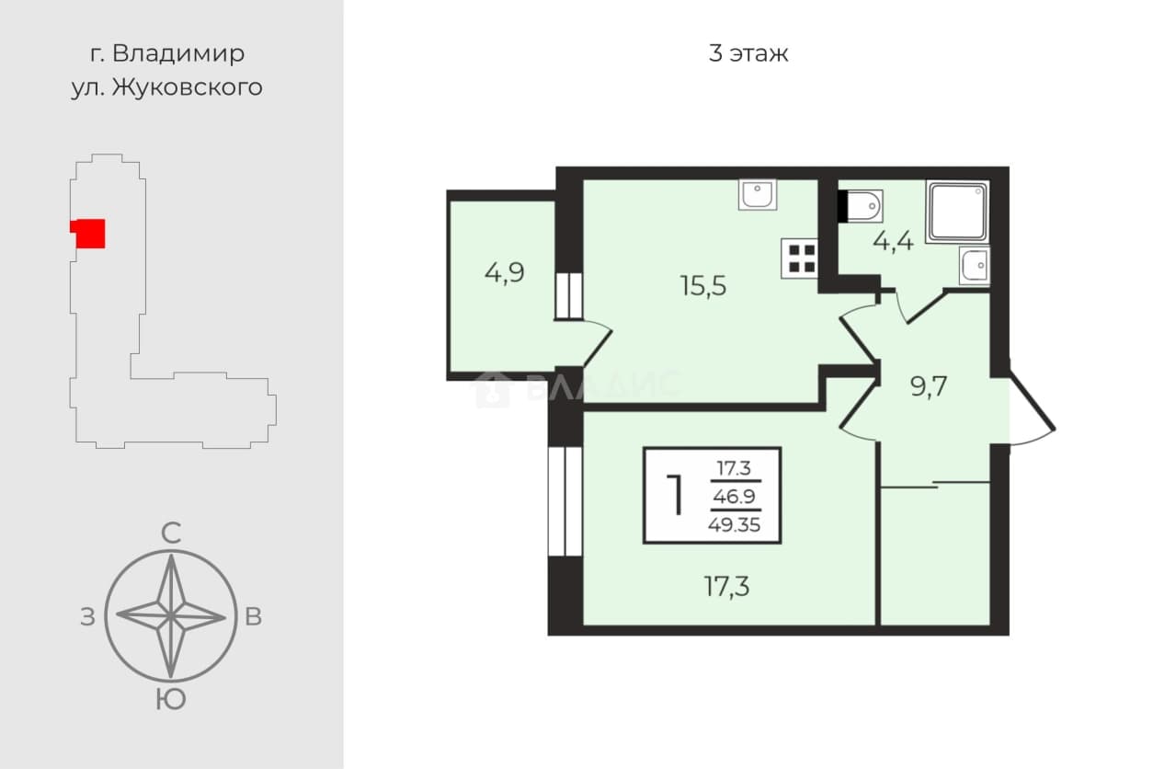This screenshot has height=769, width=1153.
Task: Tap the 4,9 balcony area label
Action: tap(505, 272)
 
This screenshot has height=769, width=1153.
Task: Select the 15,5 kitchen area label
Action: tap(703, 285)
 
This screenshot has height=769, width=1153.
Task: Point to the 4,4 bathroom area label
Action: tap(893, 241)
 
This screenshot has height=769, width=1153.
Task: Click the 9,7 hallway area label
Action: tap(929, 386)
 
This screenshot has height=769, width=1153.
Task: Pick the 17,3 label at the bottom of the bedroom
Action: tap(726, 586)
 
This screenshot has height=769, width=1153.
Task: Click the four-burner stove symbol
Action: tap(799, 258)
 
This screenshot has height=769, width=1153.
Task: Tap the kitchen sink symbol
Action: tap(758, 195)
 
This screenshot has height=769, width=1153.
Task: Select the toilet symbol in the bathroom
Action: tap(861, 206)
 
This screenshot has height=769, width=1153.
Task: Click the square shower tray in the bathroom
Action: tap(957, 212)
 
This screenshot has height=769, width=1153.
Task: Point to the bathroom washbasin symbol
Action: tap(975, 266)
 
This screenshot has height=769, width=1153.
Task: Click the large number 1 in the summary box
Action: tap(675, 495)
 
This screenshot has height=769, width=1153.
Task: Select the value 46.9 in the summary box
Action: tap(735, 497)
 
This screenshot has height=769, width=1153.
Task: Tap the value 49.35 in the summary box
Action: tap(735, 525)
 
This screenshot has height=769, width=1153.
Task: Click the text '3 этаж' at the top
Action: tap(748, 53)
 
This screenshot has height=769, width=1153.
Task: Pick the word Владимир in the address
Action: tap(178, 53)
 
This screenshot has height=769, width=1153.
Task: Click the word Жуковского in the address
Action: tap(188, 87)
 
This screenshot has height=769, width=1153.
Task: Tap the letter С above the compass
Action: tap(171, 534)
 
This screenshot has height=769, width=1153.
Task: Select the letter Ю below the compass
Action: tap(171, 700)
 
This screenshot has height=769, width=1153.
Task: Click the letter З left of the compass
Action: tap(87, 617)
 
